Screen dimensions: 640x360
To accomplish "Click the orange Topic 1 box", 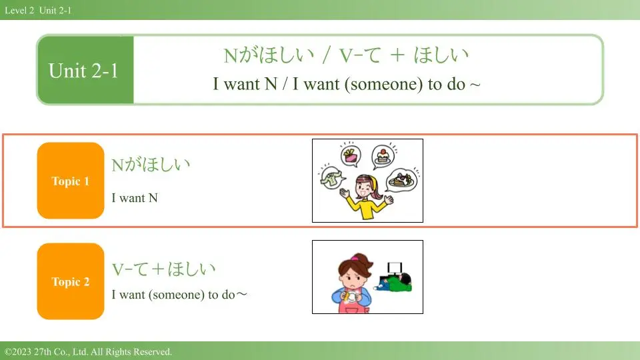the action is (x=71, y=181).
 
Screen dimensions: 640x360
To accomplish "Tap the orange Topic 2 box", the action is (x=71, y=281).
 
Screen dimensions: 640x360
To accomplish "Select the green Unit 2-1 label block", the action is (x=85, y=70).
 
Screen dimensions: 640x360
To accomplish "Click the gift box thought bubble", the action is (x=351, y=156).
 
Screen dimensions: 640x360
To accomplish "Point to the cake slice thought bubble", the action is (x=383, y=157).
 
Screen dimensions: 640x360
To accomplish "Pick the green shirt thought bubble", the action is (x=331, y=179).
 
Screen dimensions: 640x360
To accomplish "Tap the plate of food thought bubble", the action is (x=401, y=181).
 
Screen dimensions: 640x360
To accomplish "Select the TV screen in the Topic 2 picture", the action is (x=394, y=268).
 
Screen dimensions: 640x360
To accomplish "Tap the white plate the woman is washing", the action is (x=351, y=297).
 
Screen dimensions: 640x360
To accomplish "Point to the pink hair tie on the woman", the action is (x=355, y=258).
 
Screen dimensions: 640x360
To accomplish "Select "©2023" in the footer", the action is (x=18, y=352).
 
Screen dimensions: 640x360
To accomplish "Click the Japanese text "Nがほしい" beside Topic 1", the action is (x=151, y=165).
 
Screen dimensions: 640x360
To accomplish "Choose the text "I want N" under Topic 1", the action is (x=135, y=198).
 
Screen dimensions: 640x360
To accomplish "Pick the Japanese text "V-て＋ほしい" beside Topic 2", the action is (x=164, y=269).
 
